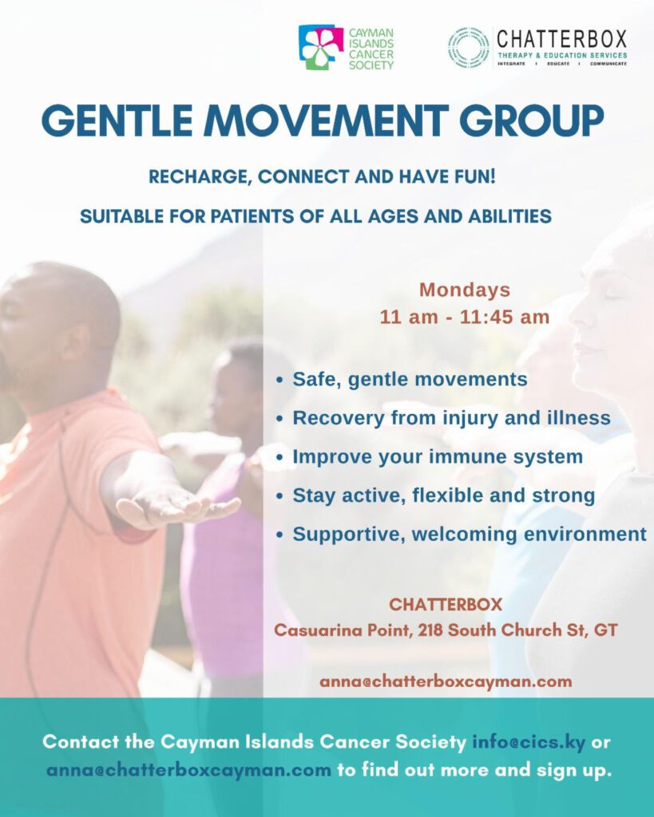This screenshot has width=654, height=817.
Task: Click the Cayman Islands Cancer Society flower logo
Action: pos(321,47)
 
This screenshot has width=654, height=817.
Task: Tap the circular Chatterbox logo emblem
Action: pos(468,47)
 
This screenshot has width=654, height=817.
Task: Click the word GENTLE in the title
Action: pos(117,121)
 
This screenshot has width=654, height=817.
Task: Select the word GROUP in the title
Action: pos(531,121)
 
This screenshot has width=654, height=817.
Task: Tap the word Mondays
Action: pos(465,290)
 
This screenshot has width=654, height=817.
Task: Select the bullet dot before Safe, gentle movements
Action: pos(280,381)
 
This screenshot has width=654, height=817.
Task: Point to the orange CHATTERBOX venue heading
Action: pos(446,605)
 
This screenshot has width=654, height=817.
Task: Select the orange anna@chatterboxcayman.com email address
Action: pos(446,681)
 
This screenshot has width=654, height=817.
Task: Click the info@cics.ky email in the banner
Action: pos(529,742)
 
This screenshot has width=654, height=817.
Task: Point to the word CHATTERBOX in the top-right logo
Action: pos(561,40)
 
